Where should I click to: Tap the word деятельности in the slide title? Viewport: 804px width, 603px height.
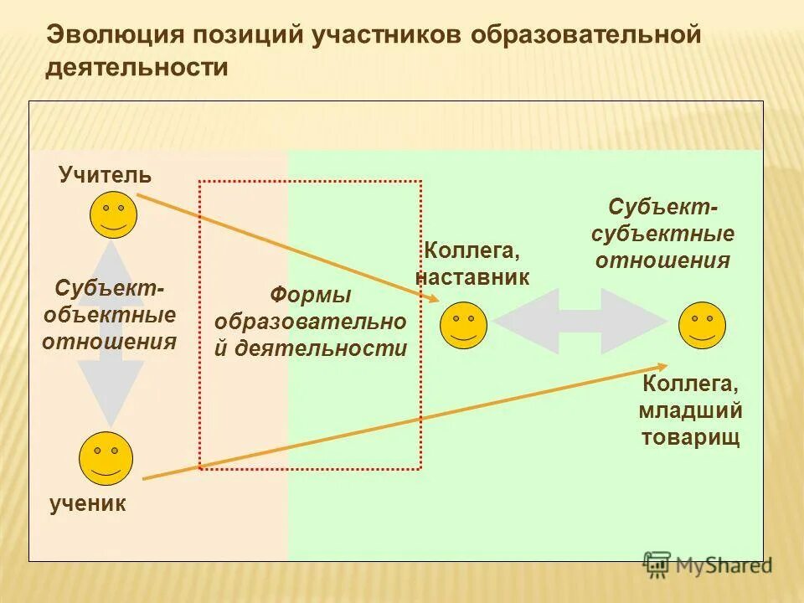coord(137,67)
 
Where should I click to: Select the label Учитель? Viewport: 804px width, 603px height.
coord(105,175)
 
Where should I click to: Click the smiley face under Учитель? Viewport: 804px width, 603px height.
coord(113,214)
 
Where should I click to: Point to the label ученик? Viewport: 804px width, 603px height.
coord(87,503)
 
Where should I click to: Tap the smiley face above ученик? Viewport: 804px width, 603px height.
coord(106,456)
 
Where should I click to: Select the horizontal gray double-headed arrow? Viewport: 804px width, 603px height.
coord(579,321)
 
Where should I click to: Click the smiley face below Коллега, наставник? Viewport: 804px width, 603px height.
coord(463,325)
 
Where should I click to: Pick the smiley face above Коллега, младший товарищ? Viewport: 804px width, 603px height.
coord(702,326)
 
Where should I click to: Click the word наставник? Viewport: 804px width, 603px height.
coord(473,277)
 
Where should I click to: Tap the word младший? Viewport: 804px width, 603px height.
coord(690,411)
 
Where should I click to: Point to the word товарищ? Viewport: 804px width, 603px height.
coord(690,437)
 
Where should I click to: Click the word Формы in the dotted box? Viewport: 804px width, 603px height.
coord(310,296)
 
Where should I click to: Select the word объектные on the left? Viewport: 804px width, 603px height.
coord(110,315)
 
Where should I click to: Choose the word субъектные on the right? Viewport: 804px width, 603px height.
coord(664,234)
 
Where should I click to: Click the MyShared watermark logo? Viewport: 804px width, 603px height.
coord(707,565)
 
